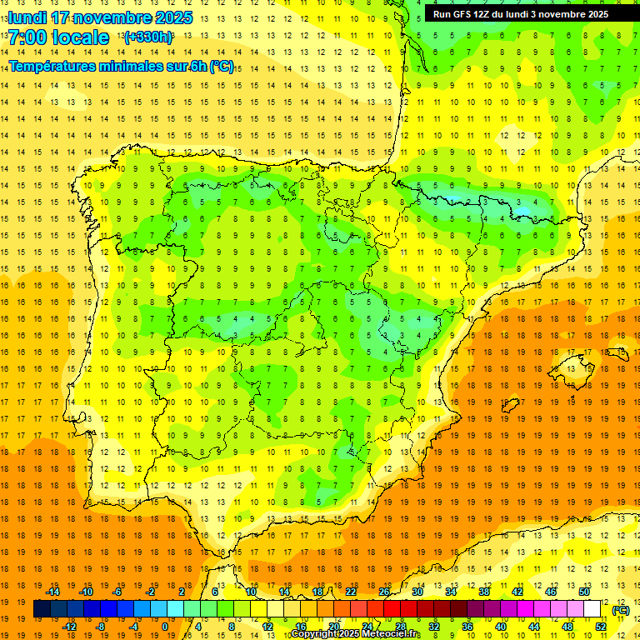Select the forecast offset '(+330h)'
pos(148,37)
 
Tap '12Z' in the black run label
pos(484,14)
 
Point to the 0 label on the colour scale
pos(165,627)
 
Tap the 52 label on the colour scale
pos(601,627)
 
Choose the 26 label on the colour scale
pos(384,592)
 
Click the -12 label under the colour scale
pos(69,627)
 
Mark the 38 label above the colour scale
pos(483,592)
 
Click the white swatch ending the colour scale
pos(592,609)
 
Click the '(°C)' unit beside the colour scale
pos(620,610)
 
